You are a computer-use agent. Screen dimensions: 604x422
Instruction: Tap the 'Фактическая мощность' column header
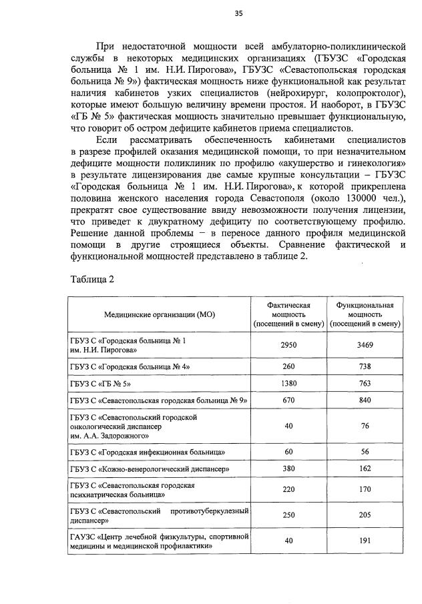pos(288,314)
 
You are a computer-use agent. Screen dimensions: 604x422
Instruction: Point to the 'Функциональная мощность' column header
pos(365,314)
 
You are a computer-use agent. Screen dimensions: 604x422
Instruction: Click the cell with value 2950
pos(288,345)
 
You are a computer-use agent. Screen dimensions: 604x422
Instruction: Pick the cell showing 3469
pos(365,345)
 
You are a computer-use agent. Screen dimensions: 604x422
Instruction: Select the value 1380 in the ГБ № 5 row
pos(288,384)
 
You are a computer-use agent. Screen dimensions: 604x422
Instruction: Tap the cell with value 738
pos(365,366)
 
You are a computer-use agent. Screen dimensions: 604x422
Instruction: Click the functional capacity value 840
pos(365,401)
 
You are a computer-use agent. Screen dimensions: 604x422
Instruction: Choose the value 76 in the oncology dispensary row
pos(365,426)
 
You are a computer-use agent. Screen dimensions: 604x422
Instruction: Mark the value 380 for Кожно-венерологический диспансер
pos(288,469)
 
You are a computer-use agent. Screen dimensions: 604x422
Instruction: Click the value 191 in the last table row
pos(365,541)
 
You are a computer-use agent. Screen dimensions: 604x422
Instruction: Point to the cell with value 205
pos(365,516)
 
